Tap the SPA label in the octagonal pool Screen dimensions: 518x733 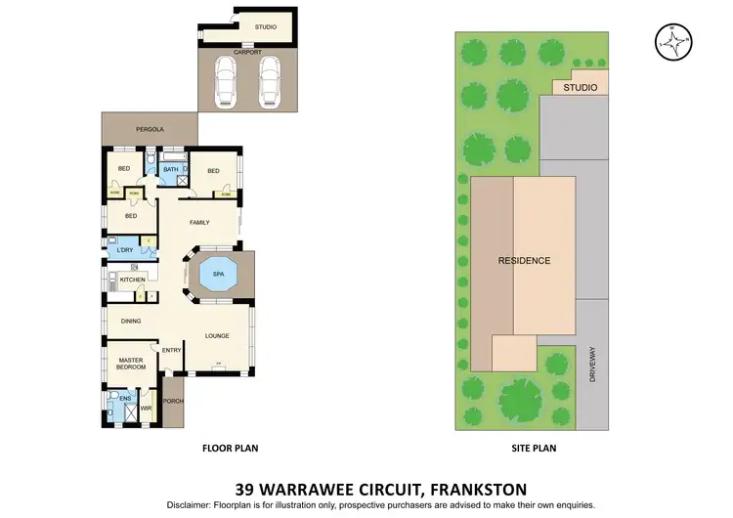click(218, 275)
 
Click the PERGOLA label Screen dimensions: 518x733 click(150, 129)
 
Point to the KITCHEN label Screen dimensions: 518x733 click(133, 281)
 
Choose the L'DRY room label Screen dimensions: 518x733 click(124, 251)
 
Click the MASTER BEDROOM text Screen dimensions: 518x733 click(132, 364)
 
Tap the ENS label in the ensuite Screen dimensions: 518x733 click(124, 399)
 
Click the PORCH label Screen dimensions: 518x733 click(173, 400)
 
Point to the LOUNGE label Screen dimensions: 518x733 click(217, 336)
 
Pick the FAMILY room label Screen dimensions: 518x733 click(199, 223)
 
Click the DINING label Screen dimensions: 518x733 click(131, 321)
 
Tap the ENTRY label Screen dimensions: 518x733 click(172, 351)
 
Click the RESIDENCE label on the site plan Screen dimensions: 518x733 click(525, 261)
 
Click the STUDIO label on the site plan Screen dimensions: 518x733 click(581, 88)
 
